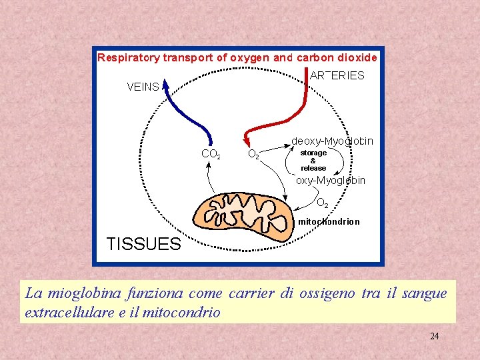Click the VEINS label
pyautogui.click(x=143, y=87)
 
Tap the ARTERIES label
pyautogui.click(x=337, y=75)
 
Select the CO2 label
pyautogui.click(x=211, y=154)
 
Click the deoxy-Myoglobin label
pyautogui.click(x=333, y=141)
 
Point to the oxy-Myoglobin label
pyautogui.click(x=331, y=181)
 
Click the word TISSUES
pyautogui.click(x=144, y=243)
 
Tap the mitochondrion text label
pyautogui.click(x=329, y=221)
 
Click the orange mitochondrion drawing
pyautogui.click(x=243, y=213)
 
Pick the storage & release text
pyautogui.click(x=313, y=161)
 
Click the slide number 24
pyautogui.click(x=434, y=336)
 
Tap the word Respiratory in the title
pyautogui.click(x=129, y=57)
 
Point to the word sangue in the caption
pyautogui.click(x=425, y=293)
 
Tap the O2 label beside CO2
pyautogui.click(x=254, y=154)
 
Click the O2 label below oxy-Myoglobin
pyautogui.click(x=322, y=202)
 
